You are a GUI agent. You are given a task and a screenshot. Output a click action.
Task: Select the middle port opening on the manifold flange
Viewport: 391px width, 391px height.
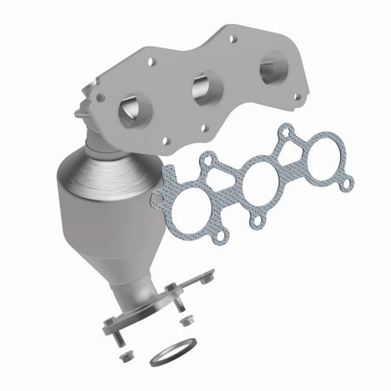click(x=207, y=88)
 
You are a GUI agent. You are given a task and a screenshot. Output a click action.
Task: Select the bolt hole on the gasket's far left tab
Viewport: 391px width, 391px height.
click(x=157, y=198)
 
